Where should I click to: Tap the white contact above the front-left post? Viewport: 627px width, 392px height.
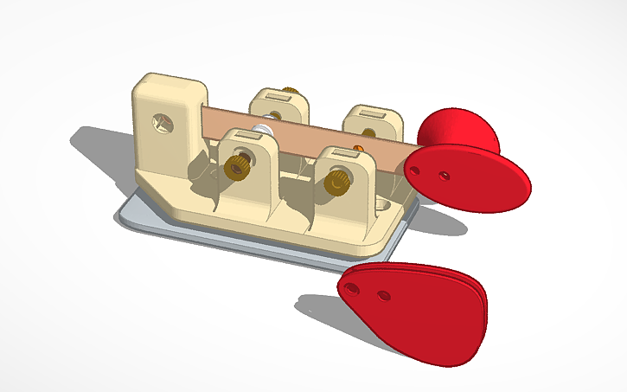[x=262, y=130]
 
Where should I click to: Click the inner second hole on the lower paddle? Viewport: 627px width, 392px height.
[x=383, y=295]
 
